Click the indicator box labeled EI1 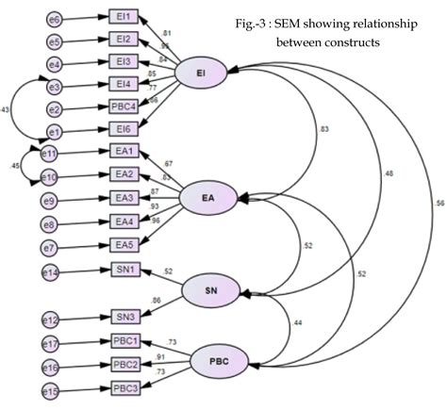click(124, 17)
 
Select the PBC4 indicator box click(126, 107)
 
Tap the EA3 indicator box click(125, 198)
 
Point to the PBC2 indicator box click(126, 365)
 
